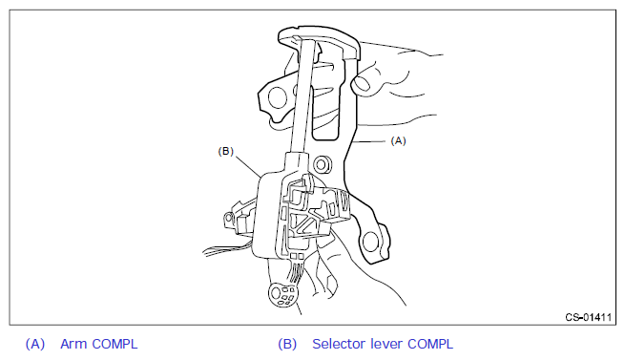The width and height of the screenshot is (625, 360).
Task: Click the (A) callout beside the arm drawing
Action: (398, 141)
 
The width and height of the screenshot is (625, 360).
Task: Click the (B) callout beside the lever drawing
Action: (225, 151)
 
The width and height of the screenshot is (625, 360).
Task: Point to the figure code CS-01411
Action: (589, 317)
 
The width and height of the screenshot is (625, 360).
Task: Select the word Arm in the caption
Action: (73, 344)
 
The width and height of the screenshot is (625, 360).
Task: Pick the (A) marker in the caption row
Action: (35, 344)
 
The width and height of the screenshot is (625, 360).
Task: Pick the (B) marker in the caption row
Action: (287, 344)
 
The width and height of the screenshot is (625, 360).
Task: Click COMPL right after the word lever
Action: (430, 344)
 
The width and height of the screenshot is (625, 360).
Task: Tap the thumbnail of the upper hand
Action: (363, 84)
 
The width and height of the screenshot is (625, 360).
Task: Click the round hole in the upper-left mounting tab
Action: (278, 97)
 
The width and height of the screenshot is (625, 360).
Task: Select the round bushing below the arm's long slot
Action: (323, 163)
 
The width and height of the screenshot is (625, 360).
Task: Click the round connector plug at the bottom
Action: (282, 295)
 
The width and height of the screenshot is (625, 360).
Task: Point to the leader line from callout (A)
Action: (369, 141)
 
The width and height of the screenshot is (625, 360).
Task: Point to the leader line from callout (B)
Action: (248, 165)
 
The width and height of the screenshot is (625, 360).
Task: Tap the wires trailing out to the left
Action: (228, 248)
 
